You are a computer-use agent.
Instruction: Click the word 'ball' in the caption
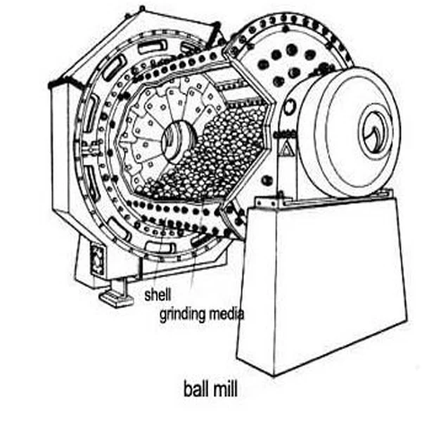pos(194,388)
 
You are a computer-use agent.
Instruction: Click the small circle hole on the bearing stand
pos(267,181)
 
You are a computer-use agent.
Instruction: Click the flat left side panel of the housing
pos(63,162)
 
